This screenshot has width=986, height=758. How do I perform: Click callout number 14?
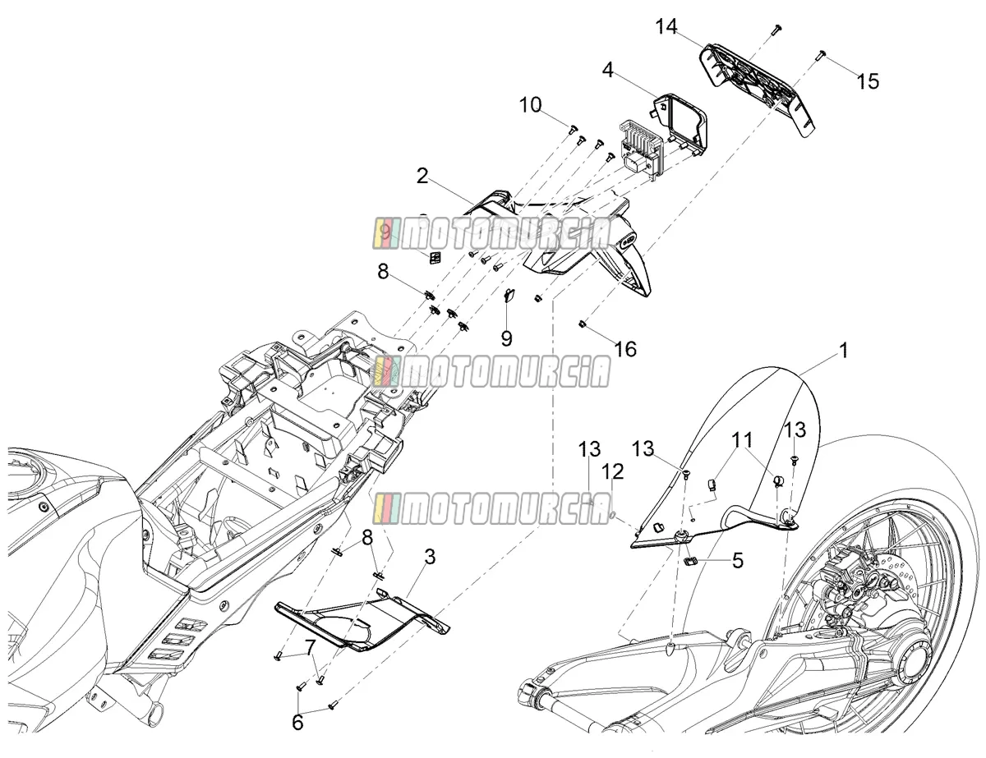click(x=666, y=27)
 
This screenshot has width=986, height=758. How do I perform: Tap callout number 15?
click(x=868, y=81)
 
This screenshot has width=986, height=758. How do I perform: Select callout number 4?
click(x=608, y=71)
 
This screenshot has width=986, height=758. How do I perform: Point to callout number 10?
click(x=531, y=105)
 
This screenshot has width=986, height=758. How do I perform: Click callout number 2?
click(x=422, y=177)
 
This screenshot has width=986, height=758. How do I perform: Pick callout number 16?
click(x=625, y=349)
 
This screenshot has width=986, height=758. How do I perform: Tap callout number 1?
click(x=844, y=351)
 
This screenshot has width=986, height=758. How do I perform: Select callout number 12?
click(x=614, y=472)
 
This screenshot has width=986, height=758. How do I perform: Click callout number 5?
click(x=738, y=561)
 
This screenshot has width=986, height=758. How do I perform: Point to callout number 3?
click(x=430, y=557)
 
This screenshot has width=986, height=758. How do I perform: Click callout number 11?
click(x=742, y=439)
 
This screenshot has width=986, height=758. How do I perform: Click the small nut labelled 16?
click(x=582, y=324)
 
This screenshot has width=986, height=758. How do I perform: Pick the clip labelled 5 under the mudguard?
click(x=689, y=562)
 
